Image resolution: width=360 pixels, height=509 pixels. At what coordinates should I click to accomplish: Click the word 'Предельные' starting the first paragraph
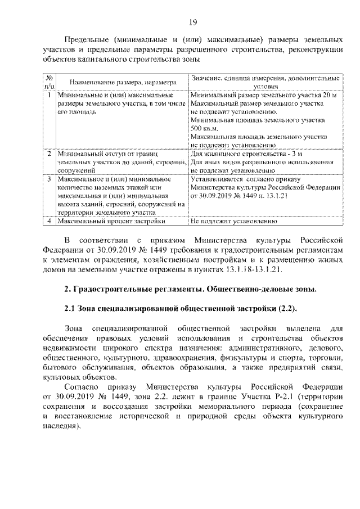(86, 40)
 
